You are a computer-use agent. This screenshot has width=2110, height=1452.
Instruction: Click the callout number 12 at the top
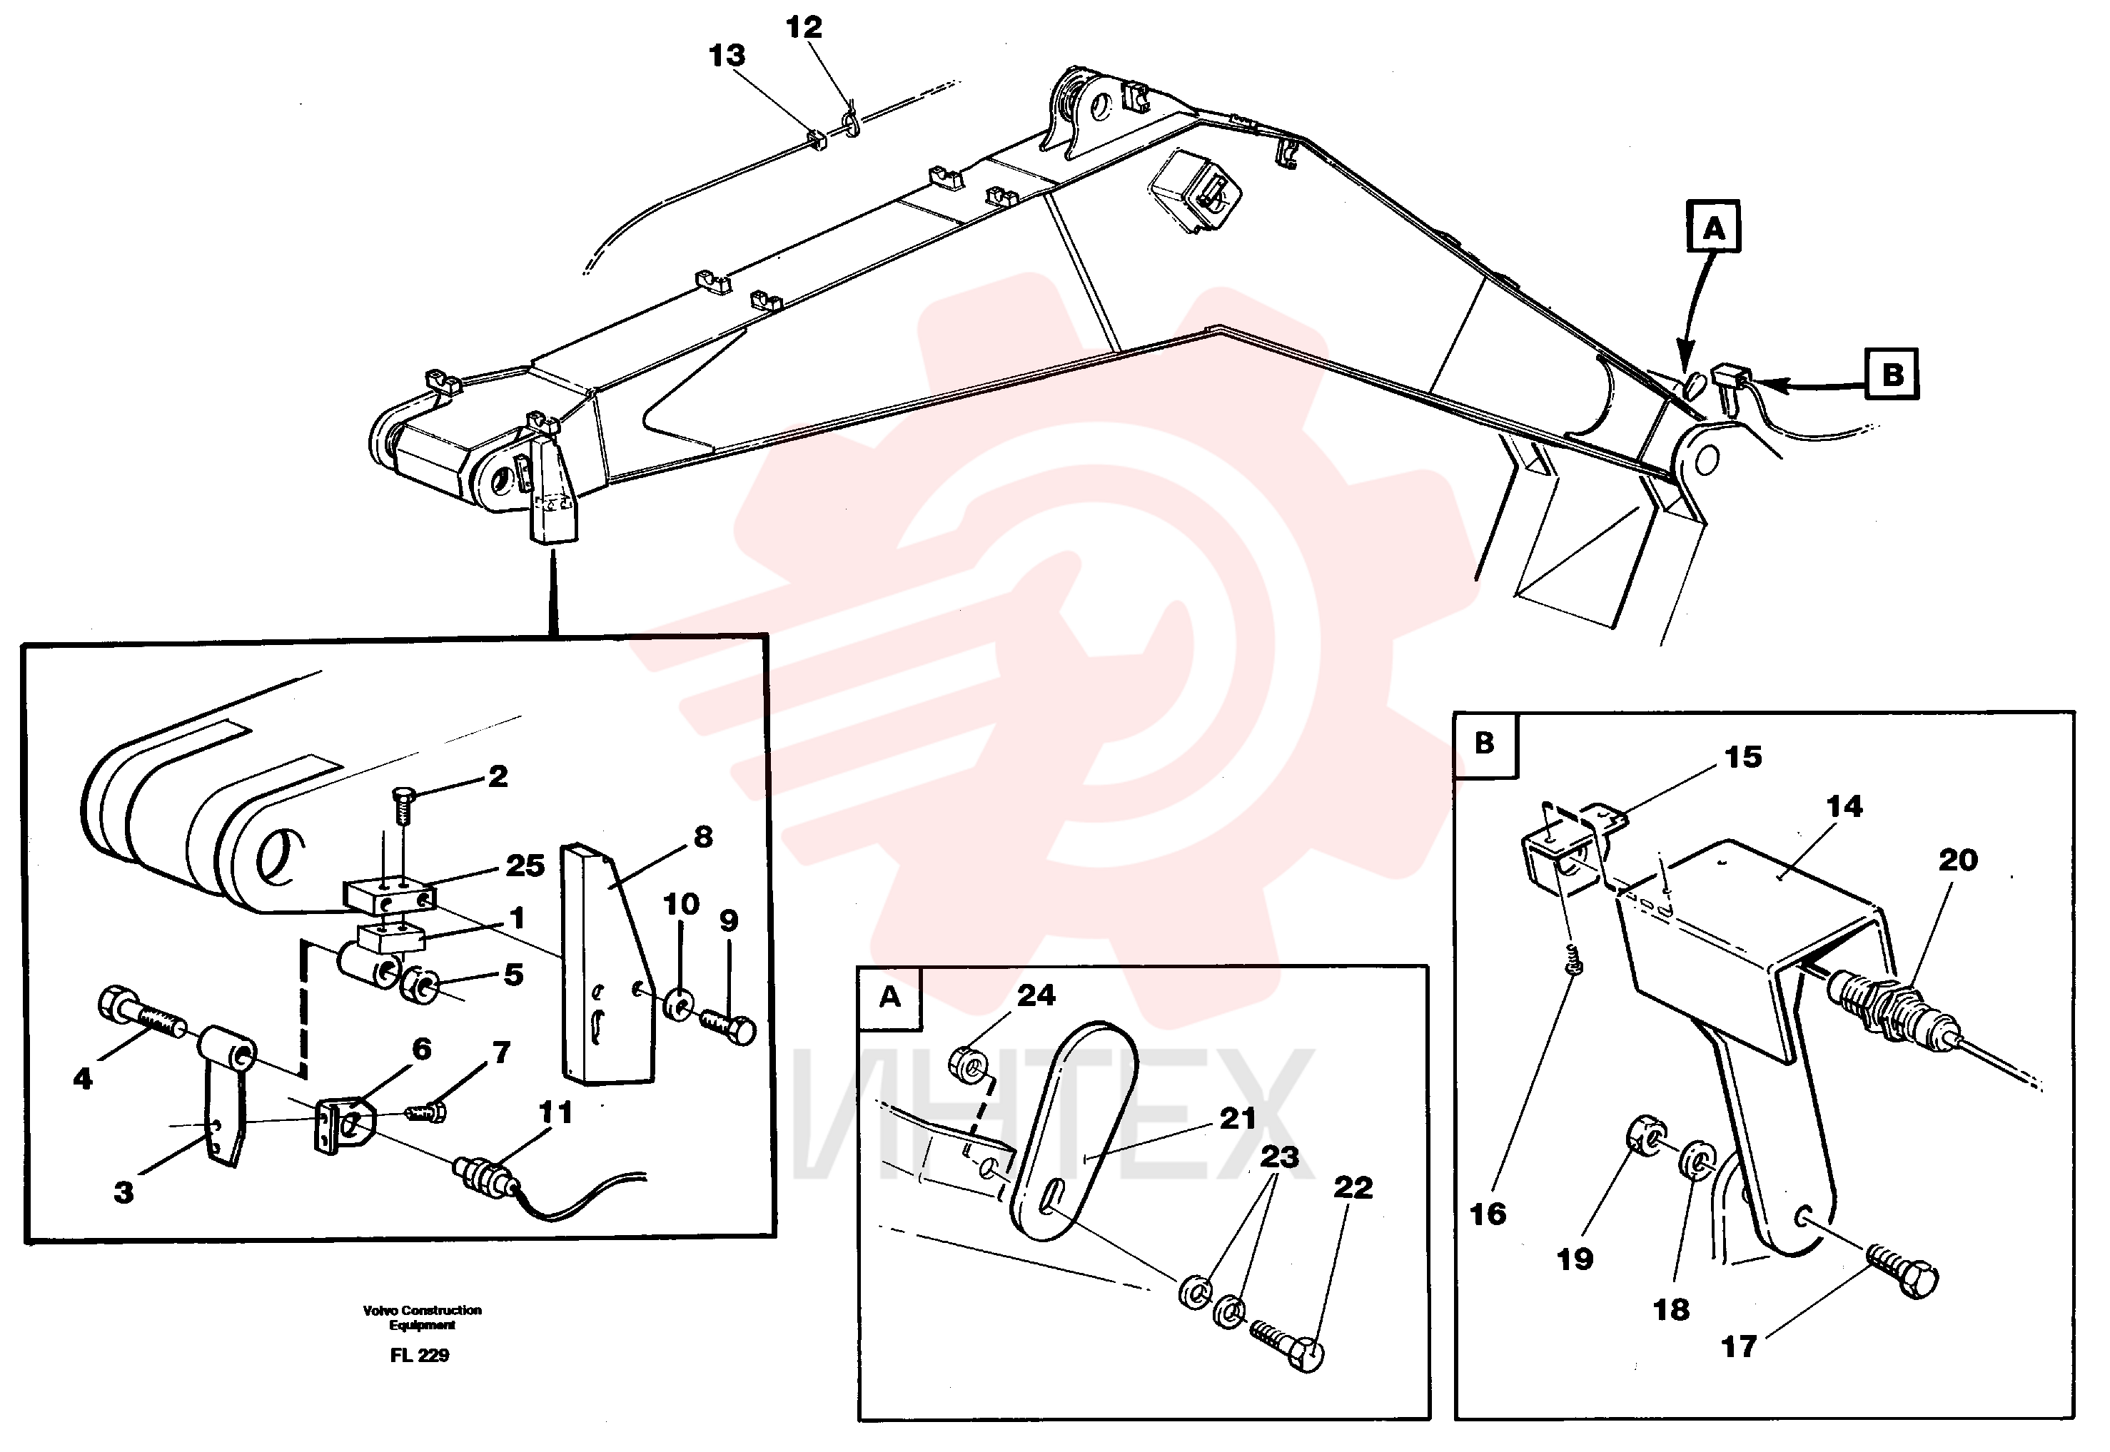pyautogui.click(x=804, y=27)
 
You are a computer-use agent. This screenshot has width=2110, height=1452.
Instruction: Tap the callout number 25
pyautogui.click(x=525, y=865)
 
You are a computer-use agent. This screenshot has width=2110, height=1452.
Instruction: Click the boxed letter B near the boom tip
pyautogui.click(x=1892, y=374)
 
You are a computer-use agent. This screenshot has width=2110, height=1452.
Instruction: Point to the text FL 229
pyautogui.click(x=420, y=1355)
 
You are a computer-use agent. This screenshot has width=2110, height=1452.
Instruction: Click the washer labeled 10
pyautogui.click(x=679, y=1005)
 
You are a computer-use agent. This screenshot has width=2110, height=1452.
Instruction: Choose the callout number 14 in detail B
pyautogui.click(x=1844, y=806)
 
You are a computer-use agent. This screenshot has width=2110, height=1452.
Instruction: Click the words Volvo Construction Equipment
pyautogui.click(x=422, y=1317)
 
